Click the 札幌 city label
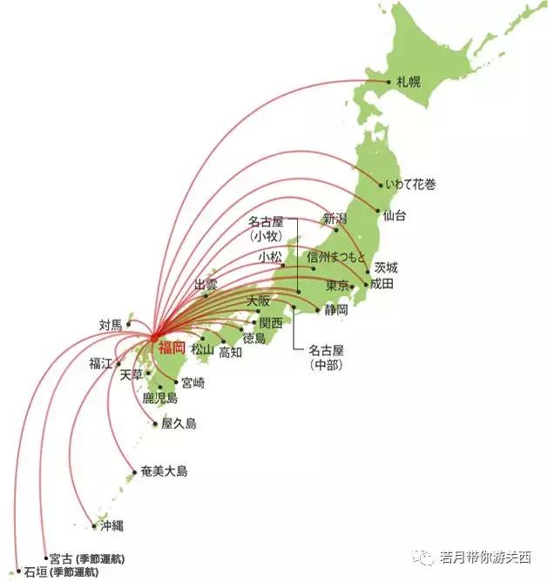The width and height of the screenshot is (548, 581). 409,82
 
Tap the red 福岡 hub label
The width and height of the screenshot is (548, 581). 172,348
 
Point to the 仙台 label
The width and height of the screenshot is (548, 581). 395,213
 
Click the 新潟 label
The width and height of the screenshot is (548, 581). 335,218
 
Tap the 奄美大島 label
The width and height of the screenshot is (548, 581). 164,471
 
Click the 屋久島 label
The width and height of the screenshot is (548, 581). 179,423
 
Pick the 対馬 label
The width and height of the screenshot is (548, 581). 111,325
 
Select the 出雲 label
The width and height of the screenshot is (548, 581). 206,285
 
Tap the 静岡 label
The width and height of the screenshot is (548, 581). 336,309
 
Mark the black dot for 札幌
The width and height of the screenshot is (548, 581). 389,82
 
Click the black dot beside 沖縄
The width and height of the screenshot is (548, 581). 94,525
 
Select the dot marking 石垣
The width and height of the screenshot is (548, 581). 18,571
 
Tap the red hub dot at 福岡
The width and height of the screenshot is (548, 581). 152,338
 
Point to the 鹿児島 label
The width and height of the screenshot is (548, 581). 160,398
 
